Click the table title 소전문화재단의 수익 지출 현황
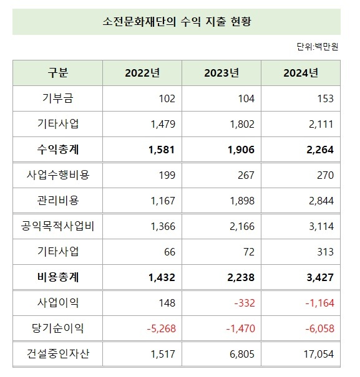tap(180, 22)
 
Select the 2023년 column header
tap(222, 73)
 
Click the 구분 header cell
tap(58, 73)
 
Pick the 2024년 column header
tap(301, 73)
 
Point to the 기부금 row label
tap(58, 98)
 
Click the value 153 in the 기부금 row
tap(325, 98)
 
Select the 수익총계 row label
tap(58, 150)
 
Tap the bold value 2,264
tap(320, 150)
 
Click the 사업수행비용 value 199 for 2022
tap(167, 175)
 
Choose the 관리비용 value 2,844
tap(321, 201)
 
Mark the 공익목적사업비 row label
tap(58, 226)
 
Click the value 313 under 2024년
tap(325, 252)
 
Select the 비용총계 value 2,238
tap(241, 277)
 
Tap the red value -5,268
tap(162, 328)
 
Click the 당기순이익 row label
tap(58, 328)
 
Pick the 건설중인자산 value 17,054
tap(318, 354)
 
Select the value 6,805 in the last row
tap(242, 354)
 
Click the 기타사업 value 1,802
tap(242, 124)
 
